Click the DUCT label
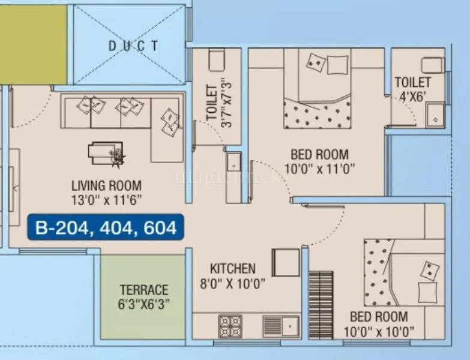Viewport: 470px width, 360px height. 134,46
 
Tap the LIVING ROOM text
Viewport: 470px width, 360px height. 106,185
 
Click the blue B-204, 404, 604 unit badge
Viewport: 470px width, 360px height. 106,228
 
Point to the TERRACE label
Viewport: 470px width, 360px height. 143,289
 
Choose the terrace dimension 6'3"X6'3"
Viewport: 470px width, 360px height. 143,304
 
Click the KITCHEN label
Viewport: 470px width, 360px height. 232,268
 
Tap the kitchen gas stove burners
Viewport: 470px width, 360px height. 230,326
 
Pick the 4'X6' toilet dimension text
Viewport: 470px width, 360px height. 412,95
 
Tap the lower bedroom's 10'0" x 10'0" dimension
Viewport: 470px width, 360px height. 379,331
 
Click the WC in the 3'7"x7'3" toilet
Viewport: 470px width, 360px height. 215,61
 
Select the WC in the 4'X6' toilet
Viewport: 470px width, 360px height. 430,65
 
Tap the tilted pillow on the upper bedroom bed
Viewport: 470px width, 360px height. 316,62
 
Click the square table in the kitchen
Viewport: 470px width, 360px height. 286,262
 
